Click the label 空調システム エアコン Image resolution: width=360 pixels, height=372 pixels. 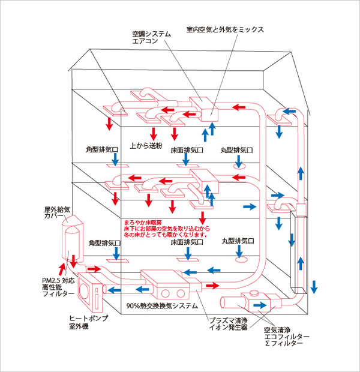[152, 38]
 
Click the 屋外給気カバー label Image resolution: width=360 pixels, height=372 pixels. [59, 214]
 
